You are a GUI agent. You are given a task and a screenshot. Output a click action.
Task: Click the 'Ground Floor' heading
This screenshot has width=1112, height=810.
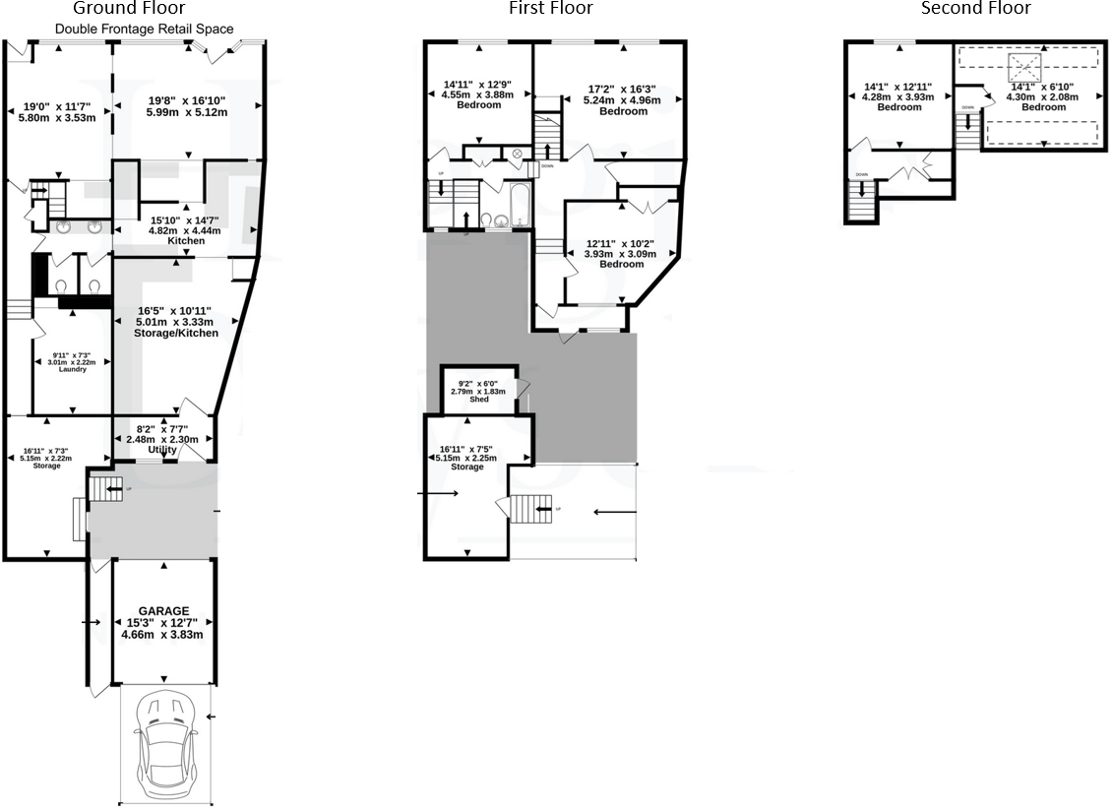pyautogui.click(x=144, y=9)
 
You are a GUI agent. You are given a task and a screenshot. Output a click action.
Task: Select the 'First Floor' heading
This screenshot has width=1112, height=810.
pyautogui.click(x=551, y=9)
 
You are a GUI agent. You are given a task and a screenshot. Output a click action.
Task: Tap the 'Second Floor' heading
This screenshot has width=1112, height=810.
pyautogui.click(x=975, y=9)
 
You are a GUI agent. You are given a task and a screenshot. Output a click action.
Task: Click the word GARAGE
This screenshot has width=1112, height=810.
pyautogui.click(x=163, y=611)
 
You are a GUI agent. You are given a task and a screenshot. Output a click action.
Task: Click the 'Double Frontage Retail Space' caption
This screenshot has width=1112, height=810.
pyautogui.click(x=144, y=29)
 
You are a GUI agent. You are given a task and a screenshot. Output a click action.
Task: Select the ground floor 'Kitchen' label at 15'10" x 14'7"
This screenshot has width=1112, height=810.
pyautogui.click(x=185, y=241)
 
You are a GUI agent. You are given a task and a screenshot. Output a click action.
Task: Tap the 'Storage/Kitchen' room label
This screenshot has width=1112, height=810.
pyautogui.click(x=176, y=334)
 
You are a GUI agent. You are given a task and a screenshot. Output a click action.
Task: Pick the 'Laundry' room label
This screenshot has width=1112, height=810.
pyautogui.click(x=71, y=369)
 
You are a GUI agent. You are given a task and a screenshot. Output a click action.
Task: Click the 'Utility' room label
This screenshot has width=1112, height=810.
pyautogui.click(x=162, y=450)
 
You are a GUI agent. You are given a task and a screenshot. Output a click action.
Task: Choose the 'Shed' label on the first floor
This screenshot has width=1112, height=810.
pyautogui.click(x=479, y=399)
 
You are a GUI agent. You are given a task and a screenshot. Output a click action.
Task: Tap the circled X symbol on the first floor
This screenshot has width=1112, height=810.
pyautogui.click(x=518, y=154)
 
